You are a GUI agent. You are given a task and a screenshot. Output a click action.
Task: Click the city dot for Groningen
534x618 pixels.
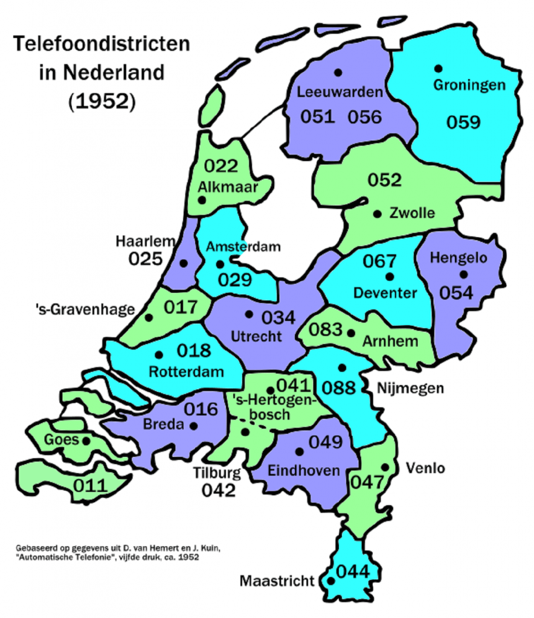click(438, 68)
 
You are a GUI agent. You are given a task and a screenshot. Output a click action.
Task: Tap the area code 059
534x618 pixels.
click(463, 122)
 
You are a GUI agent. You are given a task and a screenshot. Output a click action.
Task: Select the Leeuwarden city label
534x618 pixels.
click(340, 92)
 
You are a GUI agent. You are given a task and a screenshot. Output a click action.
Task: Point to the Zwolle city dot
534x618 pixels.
click(378, 214)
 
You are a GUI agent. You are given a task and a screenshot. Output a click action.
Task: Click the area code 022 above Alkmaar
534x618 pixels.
click(221, 166)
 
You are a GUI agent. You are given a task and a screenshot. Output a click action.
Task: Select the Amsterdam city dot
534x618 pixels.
click(220, 264)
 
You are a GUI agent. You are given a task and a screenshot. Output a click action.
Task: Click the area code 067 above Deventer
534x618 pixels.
click(379, 261)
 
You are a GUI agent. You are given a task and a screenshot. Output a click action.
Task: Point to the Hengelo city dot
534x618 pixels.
click(463, 274)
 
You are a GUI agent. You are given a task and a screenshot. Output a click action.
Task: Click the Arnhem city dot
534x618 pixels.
click(351, 333)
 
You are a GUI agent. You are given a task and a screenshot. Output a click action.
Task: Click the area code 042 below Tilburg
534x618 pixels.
click(219, 490)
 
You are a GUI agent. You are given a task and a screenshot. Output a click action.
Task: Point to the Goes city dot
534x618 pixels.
click(86, 441)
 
